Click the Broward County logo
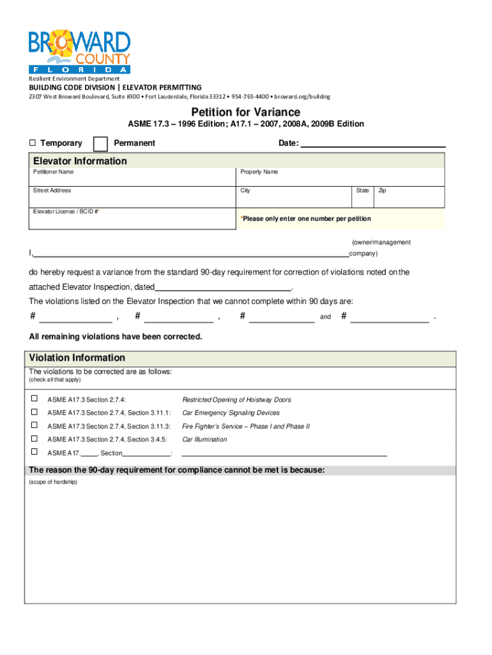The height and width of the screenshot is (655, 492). [x=79, y=51]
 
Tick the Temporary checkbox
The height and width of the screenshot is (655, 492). [x=32, y=143]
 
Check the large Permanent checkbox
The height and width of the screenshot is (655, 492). [x=100, y=143]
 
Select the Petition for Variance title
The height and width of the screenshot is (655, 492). [x=245, y=112]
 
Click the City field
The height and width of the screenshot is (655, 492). [x=294, y=198]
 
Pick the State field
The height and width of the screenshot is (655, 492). [x=363, y=198]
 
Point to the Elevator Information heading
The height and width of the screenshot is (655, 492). [x=81, y=161]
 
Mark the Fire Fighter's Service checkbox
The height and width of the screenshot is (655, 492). [x=35, y=425]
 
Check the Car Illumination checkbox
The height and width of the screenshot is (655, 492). [x=35, y=439]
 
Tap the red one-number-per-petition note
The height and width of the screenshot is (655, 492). [x=305, y=219]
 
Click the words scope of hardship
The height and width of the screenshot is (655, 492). [x=53, y=482]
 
